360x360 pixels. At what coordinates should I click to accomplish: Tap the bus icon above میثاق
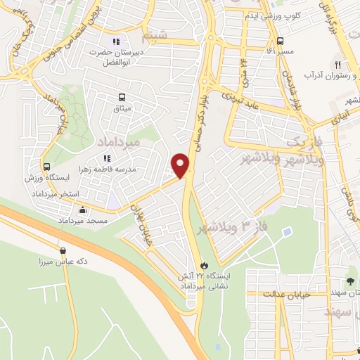coord(124,98)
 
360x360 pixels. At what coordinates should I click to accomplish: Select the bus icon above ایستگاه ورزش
coord(47,167)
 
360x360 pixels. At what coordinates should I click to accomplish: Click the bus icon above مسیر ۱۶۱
coord(281,41)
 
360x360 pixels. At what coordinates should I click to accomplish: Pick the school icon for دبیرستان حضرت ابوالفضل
coord(117,40)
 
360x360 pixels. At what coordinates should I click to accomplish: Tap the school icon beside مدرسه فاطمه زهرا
coord(108,160)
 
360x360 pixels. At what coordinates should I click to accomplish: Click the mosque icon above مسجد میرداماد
coord(83,210)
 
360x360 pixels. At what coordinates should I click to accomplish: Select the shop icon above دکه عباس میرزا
coord(65,250)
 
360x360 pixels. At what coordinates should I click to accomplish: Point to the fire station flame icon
coord(204,265)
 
